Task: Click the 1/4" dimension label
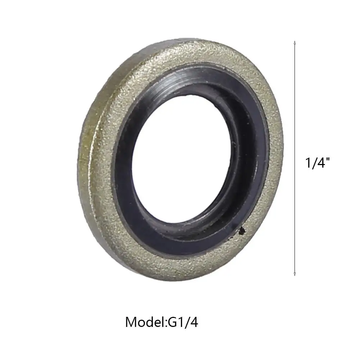point(317,163)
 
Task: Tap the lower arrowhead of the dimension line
point(295,274)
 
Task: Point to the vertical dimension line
point(295,158)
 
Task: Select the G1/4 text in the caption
point(183,322)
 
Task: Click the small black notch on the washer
point(242,231)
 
